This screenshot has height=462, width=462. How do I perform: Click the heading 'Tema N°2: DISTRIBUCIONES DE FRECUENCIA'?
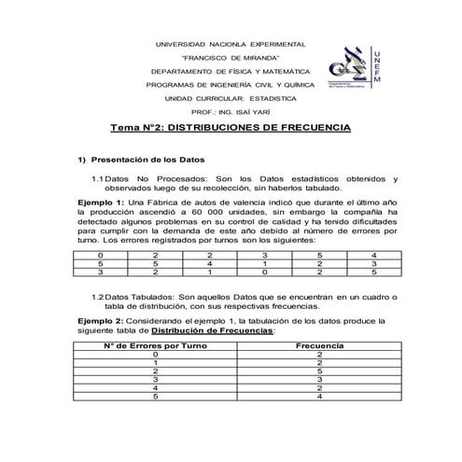pyautogui.click(x=231, y=126)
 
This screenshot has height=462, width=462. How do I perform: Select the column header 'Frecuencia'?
pyautogui.click(x=319, y=346)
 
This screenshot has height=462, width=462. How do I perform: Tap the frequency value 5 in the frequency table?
pyautogui.click(x=319, y=371)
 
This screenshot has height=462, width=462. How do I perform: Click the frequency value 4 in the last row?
pyautogui.click(x=319, y=397)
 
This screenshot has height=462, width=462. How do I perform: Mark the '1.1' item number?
pyautogui.click(x=98, y=177)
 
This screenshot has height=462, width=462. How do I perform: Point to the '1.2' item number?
pyautogui.click(x=98, y=297)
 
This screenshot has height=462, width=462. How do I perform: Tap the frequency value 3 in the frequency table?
pyautogui.click(x=319, y=380)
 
